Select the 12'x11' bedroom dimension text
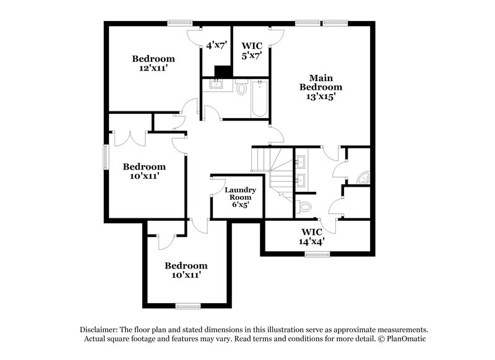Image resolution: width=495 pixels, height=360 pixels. [153, 69]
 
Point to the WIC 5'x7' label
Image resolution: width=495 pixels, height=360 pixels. [252, 49]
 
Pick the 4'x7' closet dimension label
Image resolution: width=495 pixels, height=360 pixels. [217, 45]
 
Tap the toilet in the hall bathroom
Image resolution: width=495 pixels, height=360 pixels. [242, 88]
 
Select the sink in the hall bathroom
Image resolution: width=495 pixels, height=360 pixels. [217, 84]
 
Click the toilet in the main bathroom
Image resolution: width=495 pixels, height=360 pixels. [304, 205]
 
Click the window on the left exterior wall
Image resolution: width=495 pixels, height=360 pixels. [105, 156]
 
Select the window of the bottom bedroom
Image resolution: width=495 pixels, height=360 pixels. [187, 306]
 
